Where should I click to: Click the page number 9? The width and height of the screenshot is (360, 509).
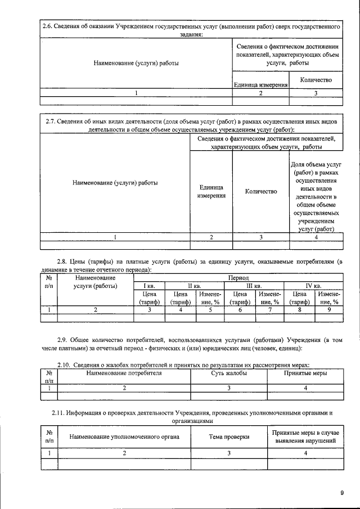tap(341, 493)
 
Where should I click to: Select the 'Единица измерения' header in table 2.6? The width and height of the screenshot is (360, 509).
tap(260, 85)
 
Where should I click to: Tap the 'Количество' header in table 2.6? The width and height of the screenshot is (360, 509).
tap(316, 80)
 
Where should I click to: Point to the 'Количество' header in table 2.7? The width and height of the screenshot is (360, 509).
tap(260, 192)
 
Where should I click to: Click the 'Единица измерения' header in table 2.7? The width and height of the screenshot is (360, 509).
tap(211, 192)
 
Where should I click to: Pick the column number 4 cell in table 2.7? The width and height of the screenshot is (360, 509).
tap(316, 237)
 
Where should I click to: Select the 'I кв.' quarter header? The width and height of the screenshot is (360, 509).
tap(149, 286)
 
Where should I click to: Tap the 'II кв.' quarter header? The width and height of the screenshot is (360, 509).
tap(195, 286)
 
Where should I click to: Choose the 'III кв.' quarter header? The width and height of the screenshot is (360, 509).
tap(255, 286)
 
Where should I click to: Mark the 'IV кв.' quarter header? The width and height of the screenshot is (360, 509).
tap(313, 286)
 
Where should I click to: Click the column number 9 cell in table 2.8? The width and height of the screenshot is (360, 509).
tap(328, 309)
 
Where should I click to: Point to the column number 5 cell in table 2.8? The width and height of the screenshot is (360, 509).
tap(210, 309)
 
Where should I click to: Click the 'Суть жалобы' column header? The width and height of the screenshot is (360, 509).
tap(229, 373)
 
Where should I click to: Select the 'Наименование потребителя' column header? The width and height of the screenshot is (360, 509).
tap(124, 373)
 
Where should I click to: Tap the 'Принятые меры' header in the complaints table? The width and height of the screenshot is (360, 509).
tap(305, 373)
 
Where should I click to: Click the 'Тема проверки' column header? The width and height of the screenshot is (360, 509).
tap(229, 436)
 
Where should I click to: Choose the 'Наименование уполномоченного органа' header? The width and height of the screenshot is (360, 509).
tap(124, 436)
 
